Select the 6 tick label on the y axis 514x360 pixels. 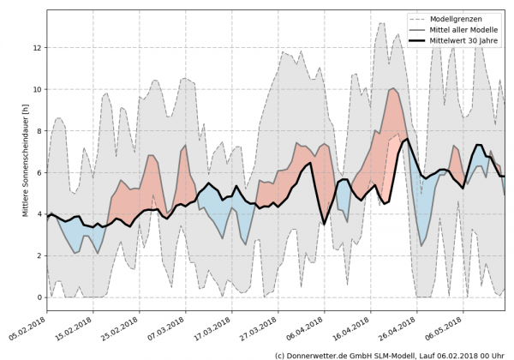(x=39, y=172)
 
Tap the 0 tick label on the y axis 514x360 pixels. (x=39, y=297)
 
